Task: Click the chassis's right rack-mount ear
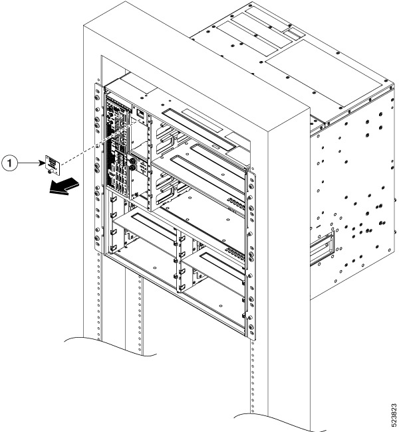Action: [251, 252]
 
